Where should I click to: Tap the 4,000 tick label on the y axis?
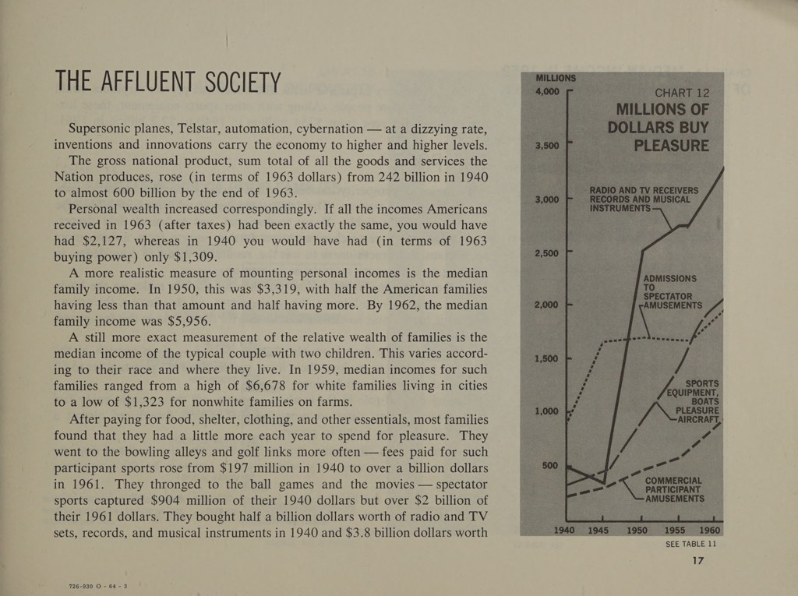(x=548, y=92)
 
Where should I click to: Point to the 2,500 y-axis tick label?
(x=546, y=253)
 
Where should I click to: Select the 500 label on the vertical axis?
(x=550, y=465)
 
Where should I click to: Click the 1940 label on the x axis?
(x=564, y=531)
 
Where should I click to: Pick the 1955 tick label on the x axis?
(x=675, y=531)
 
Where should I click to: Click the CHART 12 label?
(x=681, y=93)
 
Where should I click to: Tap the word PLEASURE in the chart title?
(x=671, y=146)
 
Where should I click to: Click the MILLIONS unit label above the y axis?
(x=556, y=79)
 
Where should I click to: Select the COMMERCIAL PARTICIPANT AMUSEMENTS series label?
(x=674, y=489)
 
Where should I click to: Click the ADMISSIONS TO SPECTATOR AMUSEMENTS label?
(x=673, y=292)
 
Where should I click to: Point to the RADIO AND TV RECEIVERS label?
(x=644, y=190)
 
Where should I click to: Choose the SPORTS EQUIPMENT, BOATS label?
(x=693, y=392)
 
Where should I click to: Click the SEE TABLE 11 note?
(x=690, y=544)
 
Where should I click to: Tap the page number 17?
(x=698, y=560)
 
